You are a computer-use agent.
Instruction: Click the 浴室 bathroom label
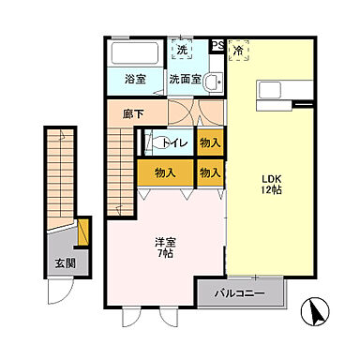[134, 81]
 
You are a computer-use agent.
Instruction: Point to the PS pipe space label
[217, 44]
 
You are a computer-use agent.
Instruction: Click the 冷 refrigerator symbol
[238, 51]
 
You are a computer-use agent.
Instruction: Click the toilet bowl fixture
[150, 143]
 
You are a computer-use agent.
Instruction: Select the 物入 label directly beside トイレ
[210, 143]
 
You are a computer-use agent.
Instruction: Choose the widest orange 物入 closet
[165, 172]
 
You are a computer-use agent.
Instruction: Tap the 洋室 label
[165, 242]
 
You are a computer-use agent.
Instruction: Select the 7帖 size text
[165, 254]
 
